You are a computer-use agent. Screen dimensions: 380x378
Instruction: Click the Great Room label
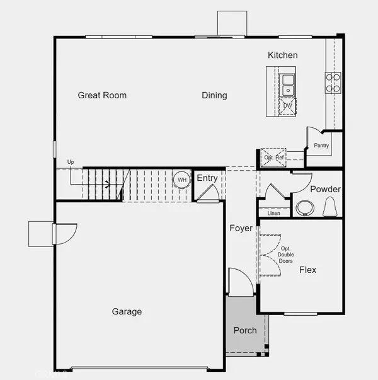(x=102, y=96)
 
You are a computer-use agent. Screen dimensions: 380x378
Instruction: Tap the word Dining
(x=214, y=96)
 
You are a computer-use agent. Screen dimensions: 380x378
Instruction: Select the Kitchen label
(x=282, y=55)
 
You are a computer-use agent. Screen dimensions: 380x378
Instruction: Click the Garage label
(x=127, y=311)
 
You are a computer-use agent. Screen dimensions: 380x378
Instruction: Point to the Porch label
(x=245, y=331)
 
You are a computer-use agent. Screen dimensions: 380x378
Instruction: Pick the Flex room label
(x=307, y=270)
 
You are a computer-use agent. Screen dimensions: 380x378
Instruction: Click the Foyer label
(x=241, y=228)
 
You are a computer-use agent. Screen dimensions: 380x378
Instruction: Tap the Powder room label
(x=325, y=190)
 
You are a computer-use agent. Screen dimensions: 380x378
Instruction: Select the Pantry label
(x=322, y=146)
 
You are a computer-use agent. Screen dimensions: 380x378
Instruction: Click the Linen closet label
(x=273, y=214)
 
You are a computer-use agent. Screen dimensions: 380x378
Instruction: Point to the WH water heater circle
(x=182, y=180)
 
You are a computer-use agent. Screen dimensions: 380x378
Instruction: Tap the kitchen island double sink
(x=288, y=85)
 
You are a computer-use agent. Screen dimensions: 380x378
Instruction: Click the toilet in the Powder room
(x=329, y=207)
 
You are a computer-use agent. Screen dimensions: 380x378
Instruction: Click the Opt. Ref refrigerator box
(x=273, y=158)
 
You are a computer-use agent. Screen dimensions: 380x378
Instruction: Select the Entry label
(x=207, y=178)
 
